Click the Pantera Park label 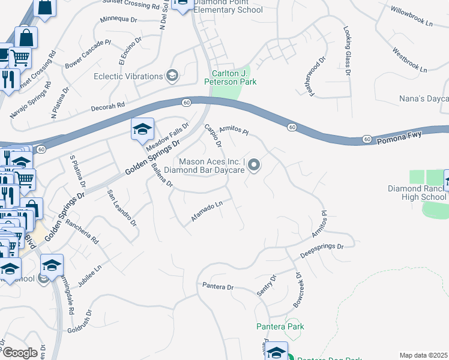(280, 326)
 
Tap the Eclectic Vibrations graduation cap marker (172, 76)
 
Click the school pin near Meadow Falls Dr (143, 130)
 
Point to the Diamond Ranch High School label (417, 193)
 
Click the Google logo (20, 353)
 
